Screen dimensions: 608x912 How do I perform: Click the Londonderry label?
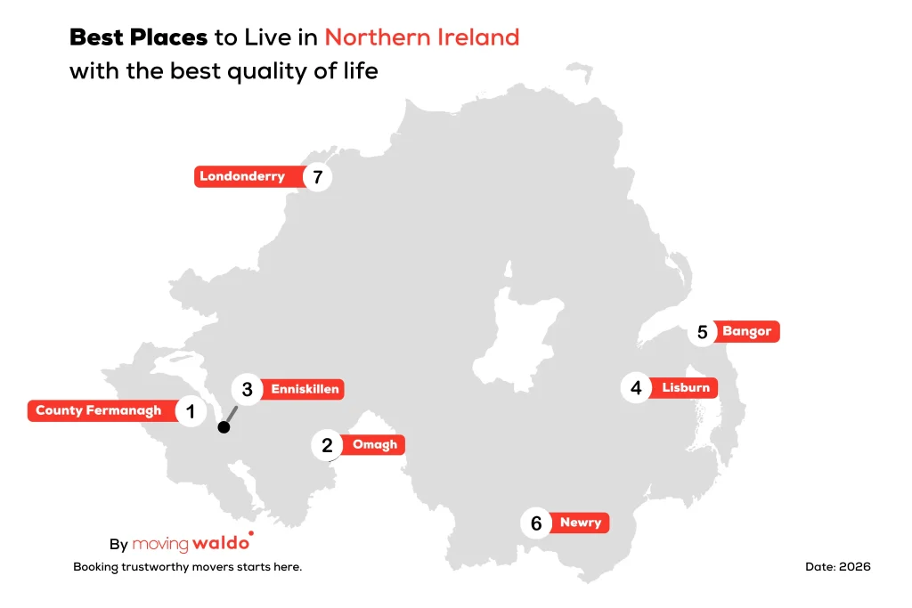[242, 176]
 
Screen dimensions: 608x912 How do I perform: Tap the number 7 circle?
[317, 177]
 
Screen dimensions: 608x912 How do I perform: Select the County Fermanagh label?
[99, 411]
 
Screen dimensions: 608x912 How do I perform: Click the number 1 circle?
[190, 411]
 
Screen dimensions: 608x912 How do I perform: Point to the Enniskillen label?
[305, 389]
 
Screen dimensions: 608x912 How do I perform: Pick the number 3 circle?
[247, 390]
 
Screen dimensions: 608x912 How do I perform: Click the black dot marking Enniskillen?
[224, 427]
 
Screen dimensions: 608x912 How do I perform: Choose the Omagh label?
[374, 444]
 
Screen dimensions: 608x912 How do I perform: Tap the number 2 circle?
[327, 445]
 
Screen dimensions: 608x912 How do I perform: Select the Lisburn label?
[686, 388]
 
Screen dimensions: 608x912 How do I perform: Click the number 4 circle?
[636, 388]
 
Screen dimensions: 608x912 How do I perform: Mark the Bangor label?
[746, 332]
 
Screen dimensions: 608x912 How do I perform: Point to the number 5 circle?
[702, 333]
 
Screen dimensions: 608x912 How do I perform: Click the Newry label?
[581, 523]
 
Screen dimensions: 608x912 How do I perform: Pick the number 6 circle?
[536, 523]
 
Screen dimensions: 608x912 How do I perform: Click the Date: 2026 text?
[837, 566]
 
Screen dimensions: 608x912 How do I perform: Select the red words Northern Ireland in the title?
[421, 37]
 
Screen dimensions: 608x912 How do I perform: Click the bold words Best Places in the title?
[138, 37]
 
